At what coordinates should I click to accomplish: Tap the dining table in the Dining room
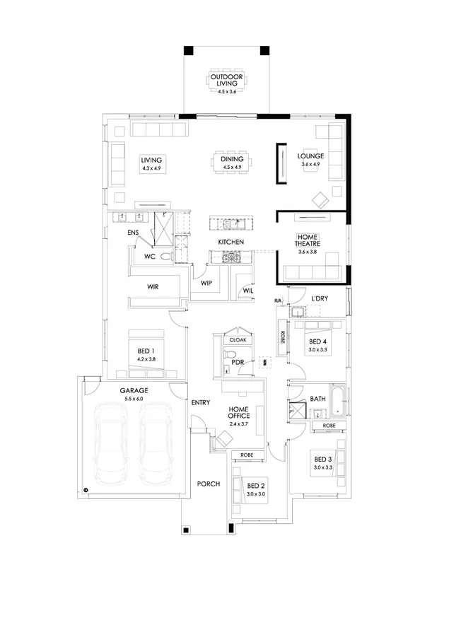click(x=231, y=161)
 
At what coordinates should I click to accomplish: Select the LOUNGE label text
click(x=310, y=156)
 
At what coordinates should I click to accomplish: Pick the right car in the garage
click(x=156, y=444)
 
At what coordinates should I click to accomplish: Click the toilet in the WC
click(x=165, y=257)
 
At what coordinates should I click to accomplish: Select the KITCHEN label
click(x=230, y=242)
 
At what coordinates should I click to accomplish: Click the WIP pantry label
click(x=206, y=283)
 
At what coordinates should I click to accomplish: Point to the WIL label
click(x=247, y=290)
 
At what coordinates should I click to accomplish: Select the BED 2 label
click(x=256, y=486)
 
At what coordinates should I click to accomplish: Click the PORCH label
click(x=209, y=484)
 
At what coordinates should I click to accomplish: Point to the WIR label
click(x=152, y=287)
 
